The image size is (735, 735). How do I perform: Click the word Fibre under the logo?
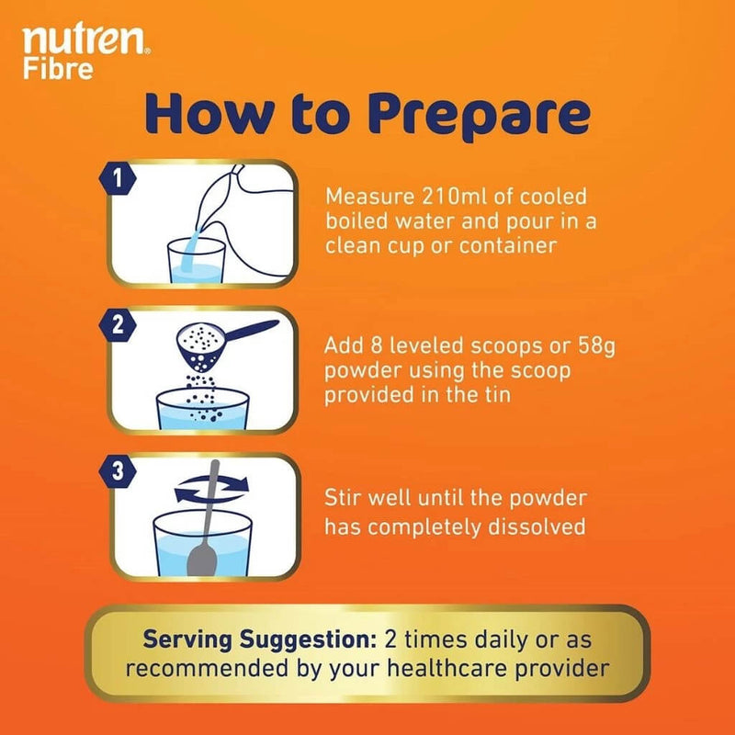point(58,69)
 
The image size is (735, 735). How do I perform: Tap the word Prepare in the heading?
point(477,117)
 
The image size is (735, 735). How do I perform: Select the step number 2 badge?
point(117,323)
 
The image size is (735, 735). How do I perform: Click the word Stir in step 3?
point(347,499)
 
